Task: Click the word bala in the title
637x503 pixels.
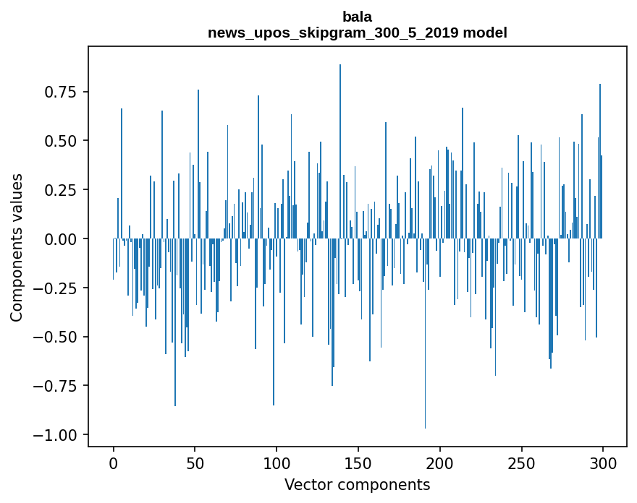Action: click(358, 17)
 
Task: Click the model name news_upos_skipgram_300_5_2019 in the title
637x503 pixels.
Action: click(337, 33)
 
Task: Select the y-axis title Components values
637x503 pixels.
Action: click(17, 247)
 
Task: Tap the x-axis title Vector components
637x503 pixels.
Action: click(358, 484)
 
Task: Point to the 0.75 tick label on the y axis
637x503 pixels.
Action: click(61, 92)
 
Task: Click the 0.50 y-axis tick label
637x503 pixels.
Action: click(61, 140)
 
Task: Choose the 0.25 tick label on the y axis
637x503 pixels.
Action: click(61, 189)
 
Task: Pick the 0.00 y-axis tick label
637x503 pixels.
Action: click(61, 238)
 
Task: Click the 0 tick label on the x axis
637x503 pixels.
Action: click(113, 464)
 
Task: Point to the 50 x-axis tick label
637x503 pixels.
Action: click(195, 464)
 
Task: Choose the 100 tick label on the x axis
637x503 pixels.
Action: click(277, 464)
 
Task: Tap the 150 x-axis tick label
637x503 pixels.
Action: click(358, 464)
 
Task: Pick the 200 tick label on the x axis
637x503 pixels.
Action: click(440, 464)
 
